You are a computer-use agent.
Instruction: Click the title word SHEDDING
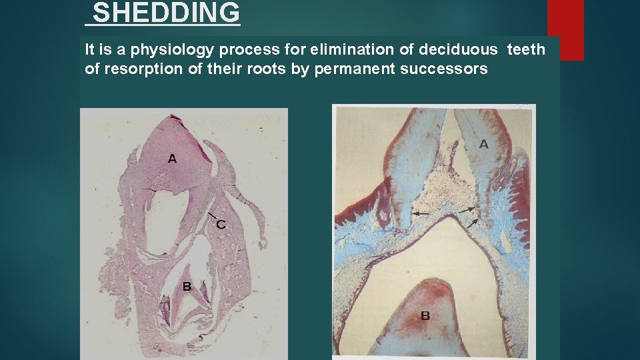point(166,13)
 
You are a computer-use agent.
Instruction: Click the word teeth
point(526,49)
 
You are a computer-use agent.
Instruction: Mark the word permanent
point(359,69)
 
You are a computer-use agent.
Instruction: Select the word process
point(241,50)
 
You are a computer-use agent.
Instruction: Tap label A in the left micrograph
point(172,159)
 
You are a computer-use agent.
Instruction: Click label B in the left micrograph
point(187,287)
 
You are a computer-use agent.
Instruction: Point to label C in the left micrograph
point(220,225)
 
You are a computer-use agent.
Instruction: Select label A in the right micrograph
point(483,144)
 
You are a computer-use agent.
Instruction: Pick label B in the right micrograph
point(425,315)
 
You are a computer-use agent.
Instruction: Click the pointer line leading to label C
point(213,217)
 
